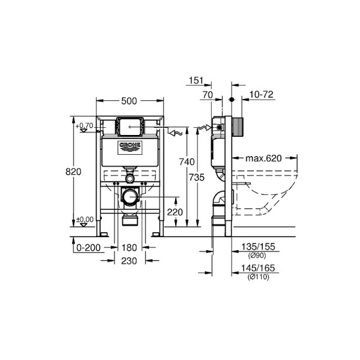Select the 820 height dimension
click(x=73, y=172)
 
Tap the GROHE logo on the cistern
click(x=129, y=146)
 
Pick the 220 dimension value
click(x=175, y=212)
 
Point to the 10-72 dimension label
click(x=262, y=94)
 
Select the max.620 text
click(x=263, y=158)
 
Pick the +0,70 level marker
click(x=85, y=125)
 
